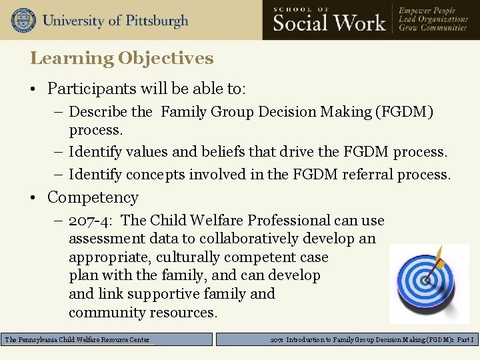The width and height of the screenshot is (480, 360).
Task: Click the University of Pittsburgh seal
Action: click(23, 19)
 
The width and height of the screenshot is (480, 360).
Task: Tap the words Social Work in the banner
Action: click(329, 23)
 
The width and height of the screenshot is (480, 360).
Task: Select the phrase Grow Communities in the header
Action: click(433, 29)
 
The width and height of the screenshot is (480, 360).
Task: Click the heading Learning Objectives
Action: click(121, 59)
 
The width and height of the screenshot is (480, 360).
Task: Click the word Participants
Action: click(87, 89)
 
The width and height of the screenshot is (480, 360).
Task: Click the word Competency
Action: click(93, 197)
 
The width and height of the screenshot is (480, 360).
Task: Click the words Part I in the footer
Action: click(465, 340)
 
